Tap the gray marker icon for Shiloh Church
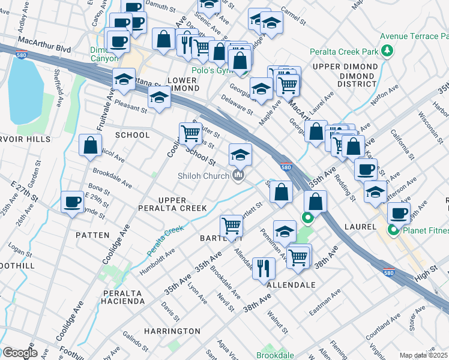click(x=238, y=175)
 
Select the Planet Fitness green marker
click(x=394, y=230)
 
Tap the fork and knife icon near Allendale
click(x=262, y=268)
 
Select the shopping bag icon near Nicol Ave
click(x=90, y=145)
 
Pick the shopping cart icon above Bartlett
click(x=231, y=226)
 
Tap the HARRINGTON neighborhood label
click(x=172, y=331)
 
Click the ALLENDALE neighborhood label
click(x=291, y=285)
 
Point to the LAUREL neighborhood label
click(x=360, y=227)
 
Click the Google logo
click(x=20, y=352)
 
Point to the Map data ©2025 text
click(x=424, y=355)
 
